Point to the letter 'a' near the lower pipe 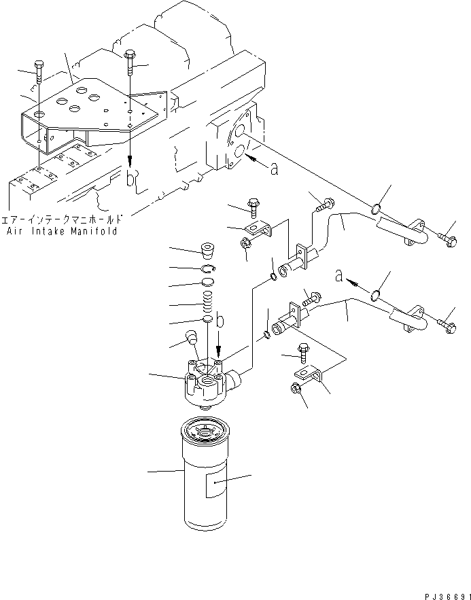pos(338,275)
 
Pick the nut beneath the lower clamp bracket pos(296,388)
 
